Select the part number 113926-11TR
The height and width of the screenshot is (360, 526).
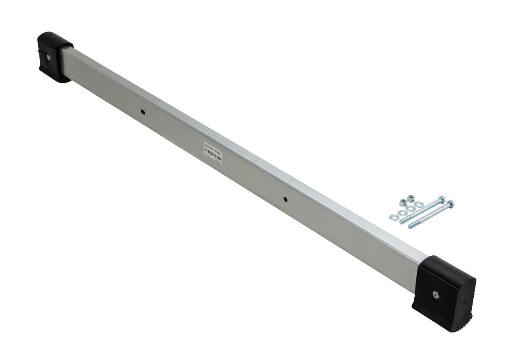coord(213,155)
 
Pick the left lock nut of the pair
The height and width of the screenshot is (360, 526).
coord(403,202)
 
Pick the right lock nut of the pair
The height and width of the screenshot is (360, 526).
coord(411,199)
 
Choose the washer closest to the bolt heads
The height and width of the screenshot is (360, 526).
coord(419,205)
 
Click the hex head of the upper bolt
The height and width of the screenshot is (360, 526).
coord(442,200)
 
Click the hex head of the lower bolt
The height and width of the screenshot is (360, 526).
coord(451,204)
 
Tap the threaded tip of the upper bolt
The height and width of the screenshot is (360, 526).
coord(402,222)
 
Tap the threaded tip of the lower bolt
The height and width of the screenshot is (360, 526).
coord(410,226)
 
